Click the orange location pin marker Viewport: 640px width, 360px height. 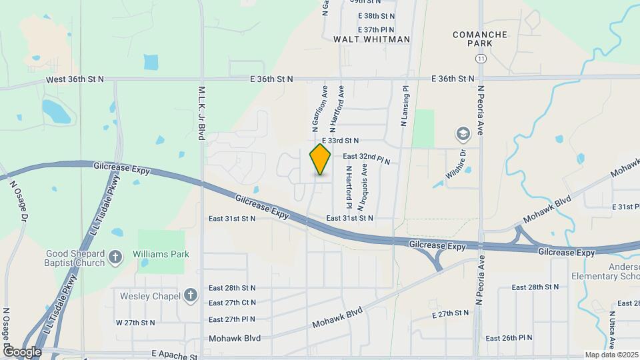pos(321,159)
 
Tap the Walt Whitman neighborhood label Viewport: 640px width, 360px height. pos(372,39)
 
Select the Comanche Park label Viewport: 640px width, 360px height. pos(480,39)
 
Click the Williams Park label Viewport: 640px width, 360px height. pos(161,254)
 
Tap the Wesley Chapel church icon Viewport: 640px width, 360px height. pos(191,295)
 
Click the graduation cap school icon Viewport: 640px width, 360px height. pos(462,135)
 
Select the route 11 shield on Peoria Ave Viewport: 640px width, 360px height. pos(480,59)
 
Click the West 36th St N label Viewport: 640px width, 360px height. pos(75,79)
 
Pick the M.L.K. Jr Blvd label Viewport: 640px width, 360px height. pos(201,113)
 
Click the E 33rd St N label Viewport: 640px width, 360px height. pos(340,141)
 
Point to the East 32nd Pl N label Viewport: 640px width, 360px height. pos(366,159)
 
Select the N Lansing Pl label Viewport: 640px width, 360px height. pos(404,105)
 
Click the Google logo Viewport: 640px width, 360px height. pos(22,351)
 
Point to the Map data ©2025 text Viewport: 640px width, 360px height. pos(611,355)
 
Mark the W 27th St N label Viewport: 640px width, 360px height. pos(135,323)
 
